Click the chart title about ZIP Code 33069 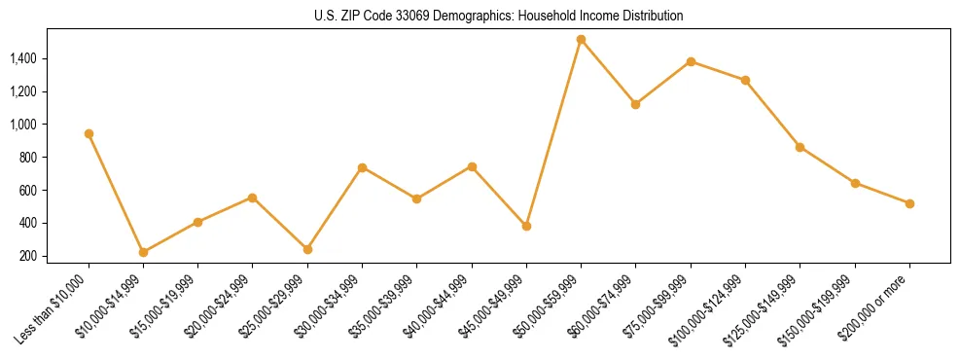(499, 16)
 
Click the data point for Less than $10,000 (89, 133)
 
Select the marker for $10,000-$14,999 (143, 252)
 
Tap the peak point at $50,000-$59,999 (581, 40)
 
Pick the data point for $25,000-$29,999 (253, 249)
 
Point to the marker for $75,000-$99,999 (691, 61)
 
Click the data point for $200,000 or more (909, 203)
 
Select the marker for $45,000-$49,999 (526, 226)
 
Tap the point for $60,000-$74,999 (635, 104)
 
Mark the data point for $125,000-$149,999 (800, 147)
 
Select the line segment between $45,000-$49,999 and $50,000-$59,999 (553, 133)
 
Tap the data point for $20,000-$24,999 (253, 198)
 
